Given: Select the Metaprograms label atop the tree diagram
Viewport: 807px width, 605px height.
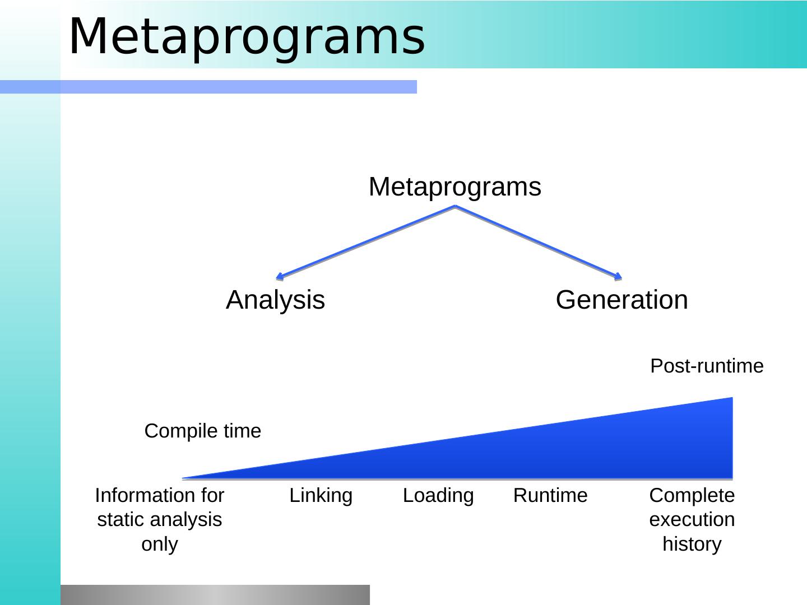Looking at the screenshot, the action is (x=455, y=187).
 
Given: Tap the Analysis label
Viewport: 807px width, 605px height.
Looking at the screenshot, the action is (x=275, y=300).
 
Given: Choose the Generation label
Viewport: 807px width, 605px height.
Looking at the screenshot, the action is (x=622, y=300).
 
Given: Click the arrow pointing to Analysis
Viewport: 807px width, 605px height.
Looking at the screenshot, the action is (x=365, y=243).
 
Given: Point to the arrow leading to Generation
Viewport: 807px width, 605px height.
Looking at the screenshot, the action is (x=539, y=243).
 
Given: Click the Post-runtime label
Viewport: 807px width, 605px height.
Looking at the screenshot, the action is (x=707, y=366).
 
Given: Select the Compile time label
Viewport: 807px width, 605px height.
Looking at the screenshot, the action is (x=202, y=431).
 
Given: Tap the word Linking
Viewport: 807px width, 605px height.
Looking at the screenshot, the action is (x=321, y=496).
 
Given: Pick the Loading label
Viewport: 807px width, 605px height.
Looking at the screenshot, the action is (x=438, y=496).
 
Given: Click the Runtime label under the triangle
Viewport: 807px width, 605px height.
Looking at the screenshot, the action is (x=550, y=495).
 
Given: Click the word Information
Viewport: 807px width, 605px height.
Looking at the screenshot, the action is (x=141, y=495).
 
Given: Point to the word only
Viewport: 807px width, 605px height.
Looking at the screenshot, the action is (x=160, y=544).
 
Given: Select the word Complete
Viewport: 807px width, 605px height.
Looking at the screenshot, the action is (x=692, y=496).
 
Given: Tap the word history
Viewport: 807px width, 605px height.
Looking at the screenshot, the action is (x=692, y=544).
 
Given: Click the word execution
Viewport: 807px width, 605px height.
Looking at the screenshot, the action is (x=692, y=519).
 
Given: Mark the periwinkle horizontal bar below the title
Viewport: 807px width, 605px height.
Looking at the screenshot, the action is (x=208, y=87).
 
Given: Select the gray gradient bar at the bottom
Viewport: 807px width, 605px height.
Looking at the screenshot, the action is (x=215, y=595).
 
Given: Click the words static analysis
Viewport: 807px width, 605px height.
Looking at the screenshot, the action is (x=160, y=520).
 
